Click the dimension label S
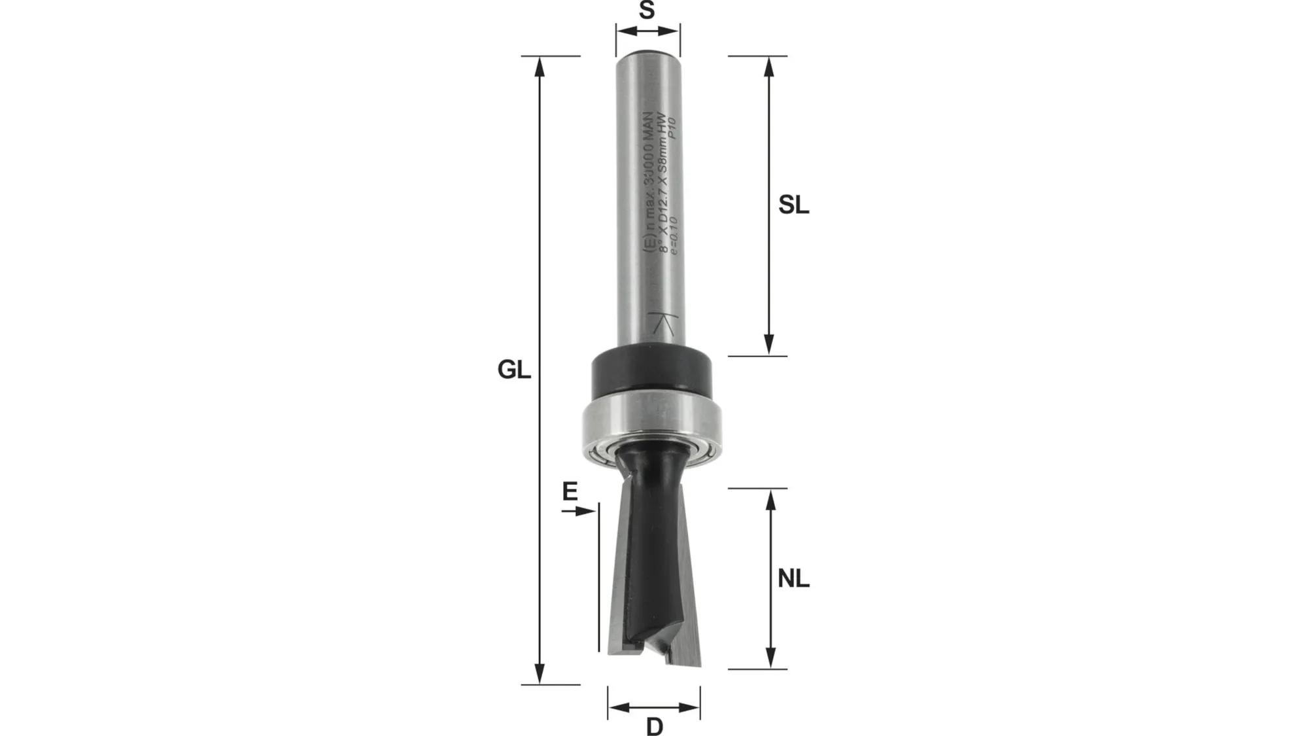pyautogui.click(x=647, y=10)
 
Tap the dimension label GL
pyautogui.click(x=514, y=370)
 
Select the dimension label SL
pyautogui.click(x=793, y=205)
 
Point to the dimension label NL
pyautogui.click(x=793, y=579)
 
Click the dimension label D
pyautogui.click(x=655, y=726)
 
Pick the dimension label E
pyautogui.click(x=570, y=491)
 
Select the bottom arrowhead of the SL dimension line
pyautogui.click(x=769, y=345)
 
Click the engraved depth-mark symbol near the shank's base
pyautogui.click(x=663, y=324)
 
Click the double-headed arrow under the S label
pyautogui.click(x=647, y=31)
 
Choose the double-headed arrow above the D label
pyautogui.click(x=654, y=707)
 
